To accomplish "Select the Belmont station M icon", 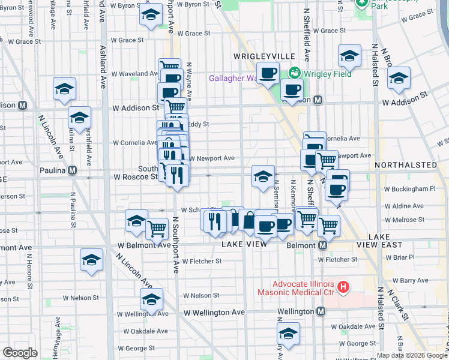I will tap(323, 245).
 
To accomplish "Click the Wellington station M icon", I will tap(321, 311).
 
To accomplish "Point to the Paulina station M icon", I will tap(73, 170).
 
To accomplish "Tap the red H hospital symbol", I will tap(343, 288).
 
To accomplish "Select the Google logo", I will tap(20, 353).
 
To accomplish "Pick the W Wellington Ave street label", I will tap(214, 313).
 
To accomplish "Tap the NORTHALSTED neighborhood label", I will tap(406, 164).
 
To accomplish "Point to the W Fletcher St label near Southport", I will tap(202, 261).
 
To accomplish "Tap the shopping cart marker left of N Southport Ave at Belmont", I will tap(157, 229).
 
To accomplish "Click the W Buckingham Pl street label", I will tap(409, 189).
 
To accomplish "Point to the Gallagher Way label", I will tap(232, 78).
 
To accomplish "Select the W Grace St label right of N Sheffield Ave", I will tap(342, 31).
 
